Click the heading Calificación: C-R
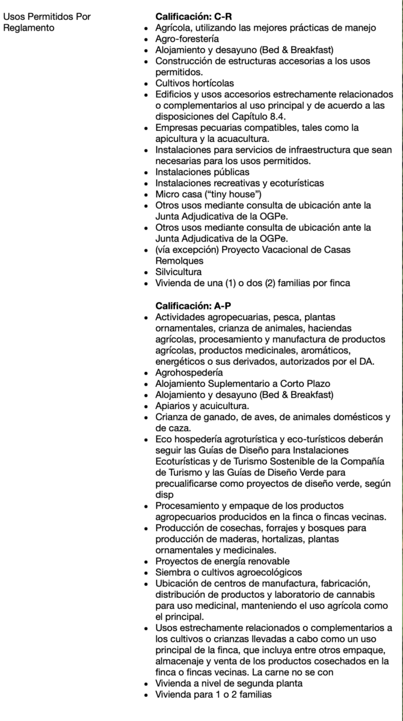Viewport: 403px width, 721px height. coord(194,17)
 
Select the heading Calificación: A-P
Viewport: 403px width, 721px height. coord(194,305)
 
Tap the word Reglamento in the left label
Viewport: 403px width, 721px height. coord(28,28)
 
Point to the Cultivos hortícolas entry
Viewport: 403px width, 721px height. coord(194,83)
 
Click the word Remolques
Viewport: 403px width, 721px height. coord(179,261)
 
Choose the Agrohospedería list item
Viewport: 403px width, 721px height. coord(180,373)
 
